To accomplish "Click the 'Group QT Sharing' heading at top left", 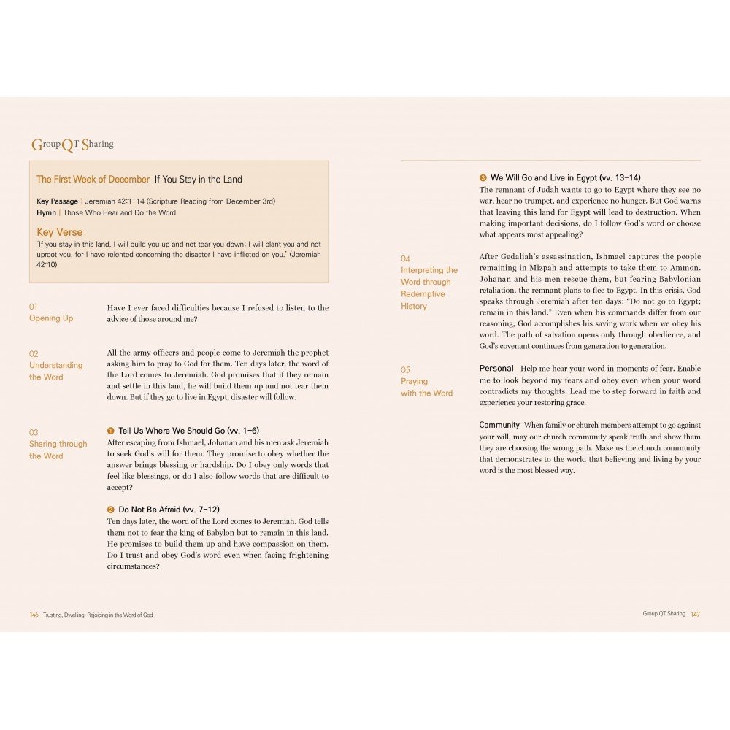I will pyautogui.click(x=72, y=145).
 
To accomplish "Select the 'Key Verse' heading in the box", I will pyautogui.click(x=60, y=232).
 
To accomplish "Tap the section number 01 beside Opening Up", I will pyautogui.click(x=34, y=307).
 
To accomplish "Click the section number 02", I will pyautogui.click(x=34, y=353).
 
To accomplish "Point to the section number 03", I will pyautogui.click(x=34, y=432).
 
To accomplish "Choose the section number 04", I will pyautogui.click(x=405, y=258).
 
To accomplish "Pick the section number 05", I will pyautogui.click(x=405, y=369).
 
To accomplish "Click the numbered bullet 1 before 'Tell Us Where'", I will pyautogui.click(x=111, y=431).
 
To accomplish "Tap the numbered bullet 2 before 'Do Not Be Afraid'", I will pyautogui.click(x=111, y=510).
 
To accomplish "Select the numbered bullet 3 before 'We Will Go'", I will pyautogui.click(x=483, y=177).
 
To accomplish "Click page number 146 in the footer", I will pyautogui.click(x=34, y=615).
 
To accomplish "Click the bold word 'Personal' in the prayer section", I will pyautogui.click(x=496, y=368).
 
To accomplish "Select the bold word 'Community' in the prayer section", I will pyautogui.click(x=499, y=425).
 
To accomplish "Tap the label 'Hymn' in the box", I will pyautogui.click(x=46, y=212).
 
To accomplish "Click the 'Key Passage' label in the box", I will pyautogui.click(x=57, y=201).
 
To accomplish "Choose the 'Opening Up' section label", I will pyautogui.click(x=51, y=318).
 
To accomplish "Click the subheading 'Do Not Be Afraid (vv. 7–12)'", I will pyautogui.click(x=169, y=510).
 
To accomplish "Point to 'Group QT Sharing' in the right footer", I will pyautogui.click(x=664, y=614).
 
